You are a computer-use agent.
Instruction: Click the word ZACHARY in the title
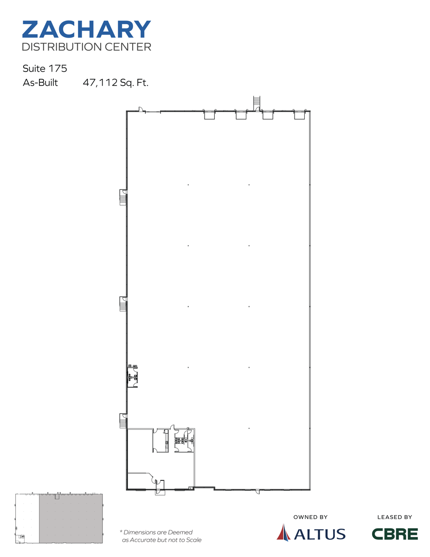point(86,29)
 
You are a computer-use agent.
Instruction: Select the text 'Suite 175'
point(45,69)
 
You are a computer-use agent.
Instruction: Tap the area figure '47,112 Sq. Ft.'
point(116,84)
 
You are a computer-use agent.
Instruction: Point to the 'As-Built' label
point(40,84)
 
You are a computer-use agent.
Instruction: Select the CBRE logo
point(395,534)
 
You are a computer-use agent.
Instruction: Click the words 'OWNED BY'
point(310,517)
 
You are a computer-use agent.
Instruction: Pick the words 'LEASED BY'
point(395,517)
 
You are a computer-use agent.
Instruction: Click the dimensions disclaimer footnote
point(160,536)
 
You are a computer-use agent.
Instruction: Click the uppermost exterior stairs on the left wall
point(123,197)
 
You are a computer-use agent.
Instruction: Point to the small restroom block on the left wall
point(133,376)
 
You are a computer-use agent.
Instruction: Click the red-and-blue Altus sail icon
point(283,532)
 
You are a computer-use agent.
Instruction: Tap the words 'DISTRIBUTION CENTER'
point(86,47)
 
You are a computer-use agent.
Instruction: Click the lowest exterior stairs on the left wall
point(123,421)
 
